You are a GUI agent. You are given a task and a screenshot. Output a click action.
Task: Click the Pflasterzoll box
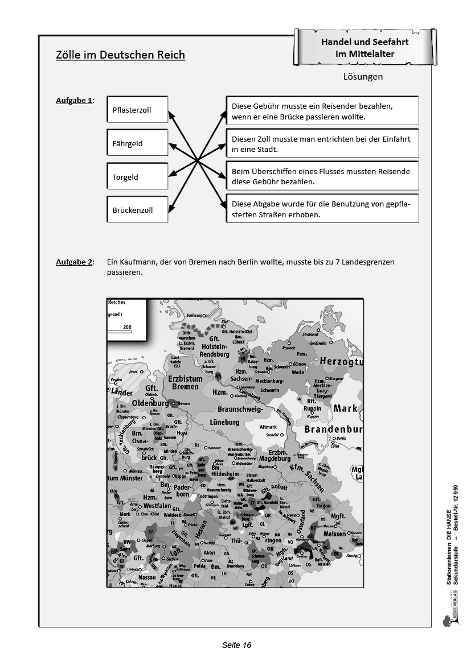pyautogui.click(x=137, y=110)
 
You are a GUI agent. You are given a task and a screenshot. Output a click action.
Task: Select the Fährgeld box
pyautogui.click(x=137, y=143)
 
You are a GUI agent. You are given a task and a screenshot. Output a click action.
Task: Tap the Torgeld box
pyautogui.click(x=137, y=177)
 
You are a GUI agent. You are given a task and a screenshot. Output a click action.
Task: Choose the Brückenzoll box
pyautogui.click(x=137, y=210)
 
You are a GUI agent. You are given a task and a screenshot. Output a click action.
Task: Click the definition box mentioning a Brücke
pyautogui.click(x=322, y=111)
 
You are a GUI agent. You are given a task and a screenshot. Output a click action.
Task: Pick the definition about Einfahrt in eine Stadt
pyautogui.click(x=322, y=144)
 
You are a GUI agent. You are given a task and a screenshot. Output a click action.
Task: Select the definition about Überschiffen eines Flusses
pyautogui.click(x=322, y=177)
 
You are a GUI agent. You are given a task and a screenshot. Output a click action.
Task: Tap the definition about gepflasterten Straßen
pyautogui.click(x=322, y=209)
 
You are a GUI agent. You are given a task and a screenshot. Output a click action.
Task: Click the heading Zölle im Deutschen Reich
pyautogui.click(x=120, y=55)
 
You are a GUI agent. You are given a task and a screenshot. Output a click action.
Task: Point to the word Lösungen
pyautogui.click(x=363, y=77)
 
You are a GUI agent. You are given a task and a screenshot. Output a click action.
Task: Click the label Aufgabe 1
pyautogui.click(x=74, y=101)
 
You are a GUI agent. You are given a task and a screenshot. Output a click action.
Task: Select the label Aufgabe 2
pyautogui.click(x=74, y=262)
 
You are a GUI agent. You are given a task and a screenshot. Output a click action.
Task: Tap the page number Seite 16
pyautogui.click(x=236, y=645)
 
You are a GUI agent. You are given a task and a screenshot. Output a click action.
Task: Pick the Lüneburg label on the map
pyautogui.click(x=224, y=422)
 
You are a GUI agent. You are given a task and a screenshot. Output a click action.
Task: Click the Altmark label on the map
pyautogui.click(x=268, y=427)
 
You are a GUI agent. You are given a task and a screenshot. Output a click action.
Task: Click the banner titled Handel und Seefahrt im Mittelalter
pyautogui.click(x=365, y=48)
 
